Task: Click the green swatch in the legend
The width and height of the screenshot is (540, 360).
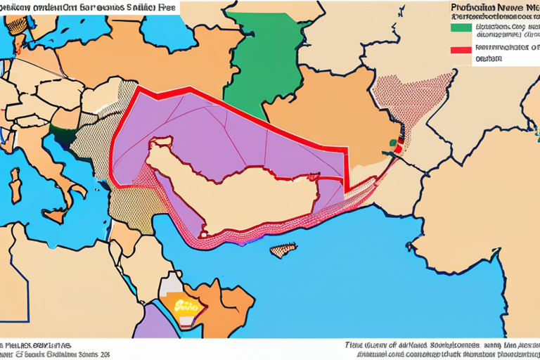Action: coord(460,27)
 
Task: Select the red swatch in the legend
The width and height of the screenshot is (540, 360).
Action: coord(460,50)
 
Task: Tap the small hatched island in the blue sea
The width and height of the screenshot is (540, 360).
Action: coord(283,250)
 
